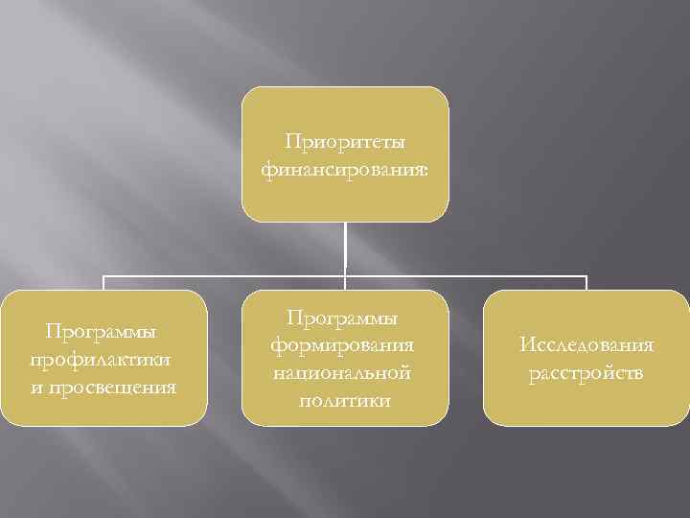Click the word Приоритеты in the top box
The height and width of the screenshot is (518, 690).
pyautogui.click(x=345, y=142)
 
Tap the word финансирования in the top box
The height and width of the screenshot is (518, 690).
pyautogui.click(x=341, y=170)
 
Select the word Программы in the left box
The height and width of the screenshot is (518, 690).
pyautogui.click(x=103, y=331)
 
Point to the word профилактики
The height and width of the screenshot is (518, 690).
pyautogui.click(x=103, y=359)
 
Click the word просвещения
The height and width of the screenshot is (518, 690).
pyautogui.click(x=116, y=387)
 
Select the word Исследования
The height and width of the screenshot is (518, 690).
pyautogui.click(x=586, y=344)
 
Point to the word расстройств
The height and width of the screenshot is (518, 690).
pyautogui.click(x=586, y=372)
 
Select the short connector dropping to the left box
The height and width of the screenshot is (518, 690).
pyautogui.click(x=103, y=283)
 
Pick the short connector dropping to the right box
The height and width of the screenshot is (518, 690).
pyautogui.click(x=586, y=283)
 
